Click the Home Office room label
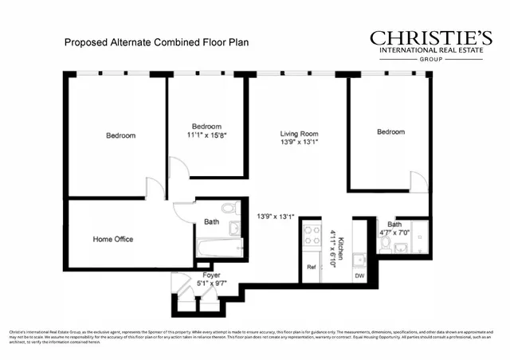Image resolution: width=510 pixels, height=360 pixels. click(112, 239)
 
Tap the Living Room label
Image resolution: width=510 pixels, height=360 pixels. click(299, 133)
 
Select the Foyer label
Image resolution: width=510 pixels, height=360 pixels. click(211, 275)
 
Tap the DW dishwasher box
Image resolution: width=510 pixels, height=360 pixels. click(359, 276)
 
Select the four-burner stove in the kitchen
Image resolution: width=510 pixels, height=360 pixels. click(310, 236)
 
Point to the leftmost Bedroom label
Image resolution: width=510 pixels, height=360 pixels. click(120, 135)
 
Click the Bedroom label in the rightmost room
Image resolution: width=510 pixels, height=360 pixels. click(390, 132)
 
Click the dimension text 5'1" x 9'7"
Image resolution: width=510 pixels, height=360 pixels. click(211, 284)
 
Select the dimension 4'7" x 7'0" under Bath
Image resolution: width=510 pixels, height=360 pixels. click(394, 233)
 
